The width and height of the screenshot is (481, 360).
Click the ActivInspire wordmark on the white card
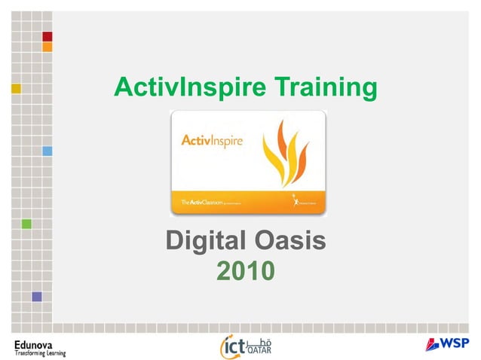(x=212, y=141)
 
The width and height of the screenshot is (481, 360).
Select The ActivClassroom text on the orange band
(x=204, y=203)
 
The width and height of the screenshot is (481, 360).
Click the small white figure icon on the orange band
(x=296, y=200)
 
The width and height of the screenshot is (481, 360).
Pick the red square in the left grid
(x=47, y=36)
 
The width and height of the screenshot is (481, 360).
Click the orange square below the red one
(x=47, y=47)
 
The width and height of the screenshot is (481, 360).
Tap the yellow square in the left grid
(x=16, y=88)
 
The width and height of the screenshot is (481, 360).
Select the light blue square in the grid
(x=47, y=151)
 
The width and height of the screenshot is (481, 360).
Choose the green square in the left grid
(x=26, y=224)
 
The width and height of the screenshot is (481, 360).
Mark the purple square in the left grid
(x=36, y=296)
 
